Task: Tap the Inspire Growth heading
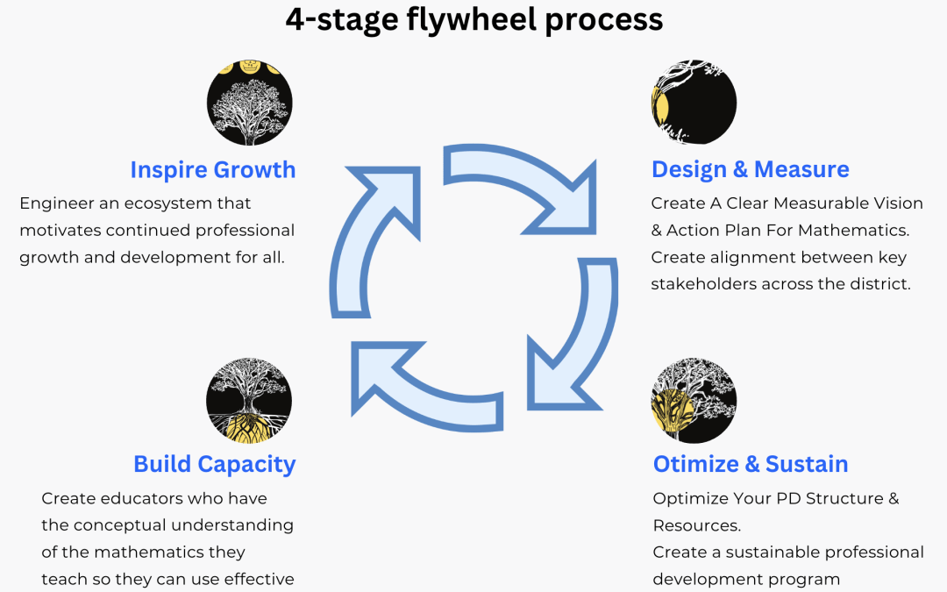(213, 169)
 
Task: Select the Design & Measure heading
(750, 169)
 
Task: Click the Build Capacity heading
(214, 464)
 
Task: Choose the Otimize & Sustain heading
(751, 464)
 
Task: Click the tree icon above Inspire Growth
(249, 103)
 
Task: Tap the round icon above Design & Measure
(694, 102)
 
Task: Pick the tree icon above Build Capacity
(249, 399)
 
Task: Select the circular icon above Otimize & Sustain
(694, 400)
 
